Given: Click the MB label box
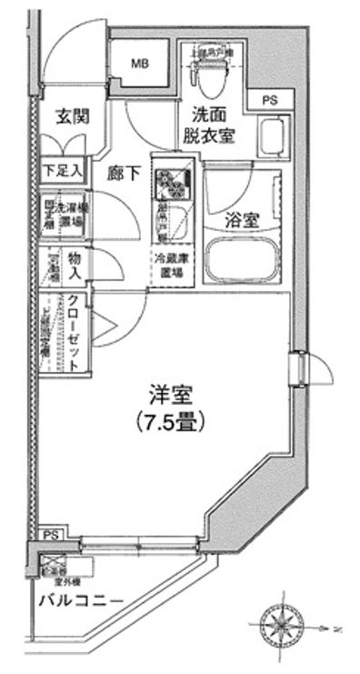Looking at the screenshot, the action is (139, 64).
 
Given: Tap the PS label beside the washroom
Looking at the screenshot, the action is (270, 99).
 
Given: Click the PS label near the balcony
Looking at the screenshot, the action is (47, 537).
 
